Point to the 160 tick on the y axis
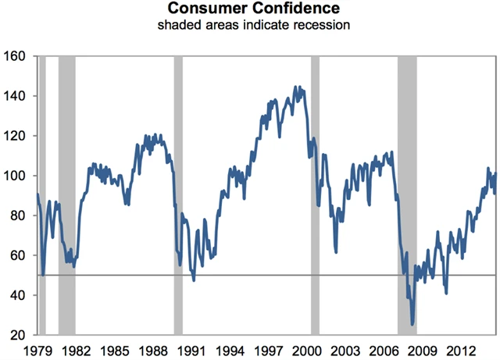(18, 56)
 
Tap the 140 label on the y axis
(18, 96)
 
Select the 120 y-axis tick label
(18, 136)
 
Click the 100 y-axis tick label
(18, 176)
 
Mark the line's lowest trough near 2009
(412, 323)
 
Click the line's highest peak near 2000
(295, 87)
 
